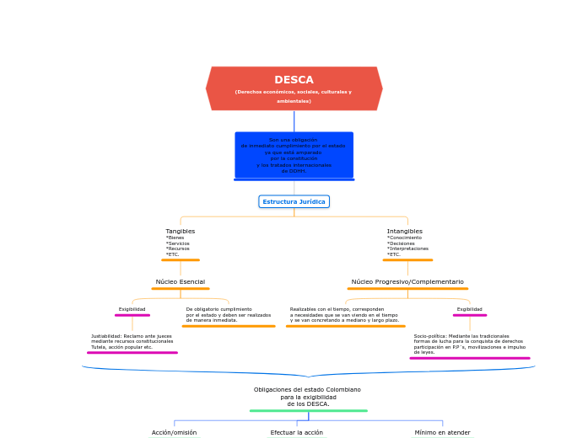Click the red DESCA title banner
pos(294,88)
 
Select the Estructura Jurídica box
pos(294,201)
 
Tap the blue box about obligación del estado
pos(294,155)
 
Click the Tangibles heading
pos(180,231)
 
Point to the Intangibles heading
pos(405,231)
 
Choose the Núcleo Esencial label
pos(180,281)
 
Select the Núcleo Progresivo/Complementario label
pos(407,281)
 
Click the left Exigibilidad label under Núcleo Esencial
pos(132,309)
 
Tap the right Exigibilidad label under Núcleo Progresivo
pos(469,309)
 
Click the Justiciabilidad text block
pos(132,341)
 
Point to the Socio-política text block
pos(469,344)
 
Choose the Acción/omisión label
pos(174,432)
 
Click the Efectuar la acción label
pos(296,432)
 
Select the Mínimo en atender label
pos(442,432)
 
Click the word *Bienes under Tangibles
pos(175,238)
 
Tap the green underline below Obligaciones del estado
pos(308,411)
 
